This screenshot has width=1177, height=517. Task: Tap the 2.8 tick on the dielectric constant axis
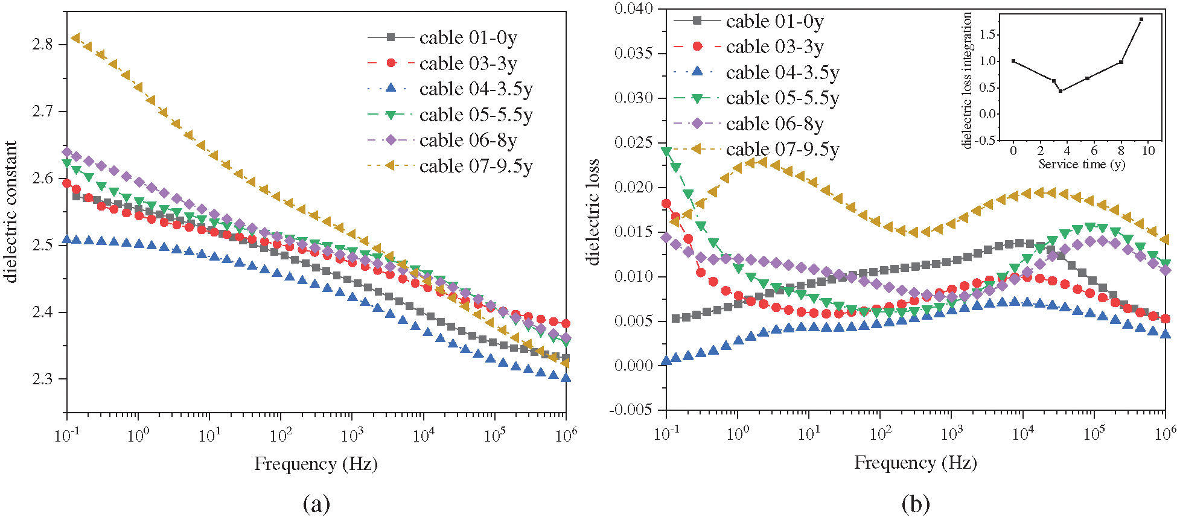[x=42, y=44]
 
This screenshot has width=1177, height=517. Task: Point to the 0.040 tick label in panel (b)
[x=633, y=8]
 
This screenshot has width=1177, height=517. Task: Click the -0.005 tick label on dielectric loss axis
[x=632, y=410]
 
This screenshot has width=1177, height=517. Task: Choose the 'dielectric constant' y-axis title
[x=11, y=212]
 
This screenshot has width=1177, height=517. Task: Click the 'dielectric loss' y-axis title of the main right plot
[x=593, y=212]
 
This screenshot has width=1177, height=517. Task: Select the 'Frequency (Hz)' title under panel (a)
[x=316, y=464]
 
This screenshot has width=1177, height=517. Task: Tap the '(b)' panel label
[x=915, y=503]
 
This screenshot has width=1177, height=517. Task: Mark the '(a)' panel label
[x=316, y=503]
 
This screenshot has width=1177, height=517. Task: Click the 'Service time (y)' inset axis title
[x=1081, y=164]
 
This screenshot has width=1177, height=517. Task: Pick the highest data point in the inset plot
[x=1141, y=19]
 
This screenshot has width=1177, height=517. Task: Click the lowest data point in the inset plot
[x=1061, y=91]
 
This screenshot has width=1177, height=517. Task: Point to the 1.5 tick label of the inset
[x=987, y=34]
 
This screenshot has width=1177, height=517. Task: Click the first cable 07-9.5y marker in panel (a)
[x=75, y=38]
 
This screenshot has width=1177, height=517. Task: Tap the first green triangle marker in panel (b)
[x=666, y=151]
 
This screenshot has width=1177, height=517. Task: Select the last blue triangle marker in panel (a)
[x=566, y=378]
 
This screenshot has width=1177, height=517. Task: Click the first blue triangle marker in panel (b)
[x=666, y=361]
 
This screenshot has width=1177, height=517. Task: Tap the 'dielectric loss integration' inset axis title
[x=967, y=80]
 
